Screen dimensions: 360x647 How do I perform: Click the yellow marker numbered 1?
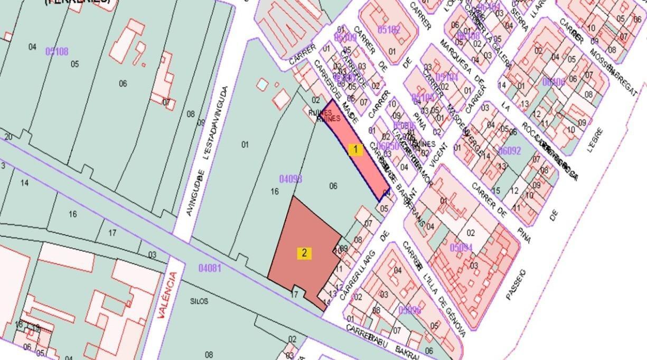point(355,149)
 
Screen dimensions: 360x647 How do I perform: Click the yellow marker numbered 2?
point(304,253)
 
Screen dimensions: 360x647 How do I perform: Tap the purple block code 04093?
point(290,179)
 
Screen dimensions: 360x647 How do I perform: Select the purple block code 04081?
point(209,268)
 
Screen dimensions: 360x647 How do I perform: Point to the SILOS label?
point(199,301)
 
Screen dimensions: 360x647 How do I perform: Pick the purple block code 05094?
point(461,247)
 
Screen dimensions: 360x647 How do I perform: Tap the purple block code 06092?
point(510,151)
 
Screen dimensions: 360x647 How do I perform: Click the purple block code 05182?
point(389,30)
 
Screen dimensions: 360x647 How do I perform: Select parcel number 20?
point(8,137)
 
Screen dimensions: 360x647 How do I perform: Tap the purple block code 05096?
point(410,310)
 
